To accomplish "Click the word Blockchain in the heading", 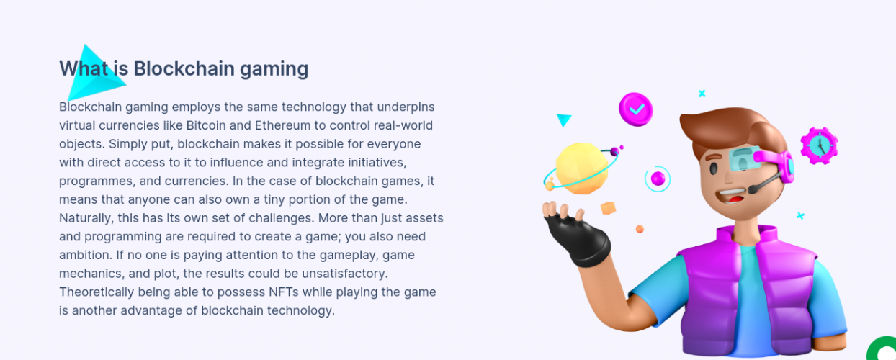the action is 184,68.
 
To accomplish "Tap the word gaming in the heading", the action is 274,70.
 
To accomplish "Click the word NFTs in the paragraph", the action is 284,292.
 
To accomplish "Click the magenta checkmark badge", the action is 635,109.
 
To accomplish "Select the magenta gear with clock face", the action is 819,145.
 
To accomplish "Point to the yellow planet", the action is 581,168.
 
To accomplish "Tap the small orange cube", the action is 608,208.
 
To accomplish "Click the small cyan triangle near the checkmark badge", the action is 564,120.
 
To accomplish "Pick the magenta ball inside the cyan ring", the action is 658,179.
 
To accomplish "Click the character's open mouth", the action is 731,196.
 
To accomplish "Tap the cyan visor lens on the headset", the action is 743,158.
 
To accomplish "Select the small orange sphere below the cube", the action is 640,229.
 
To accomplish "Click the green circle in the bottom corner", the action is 882,348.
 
